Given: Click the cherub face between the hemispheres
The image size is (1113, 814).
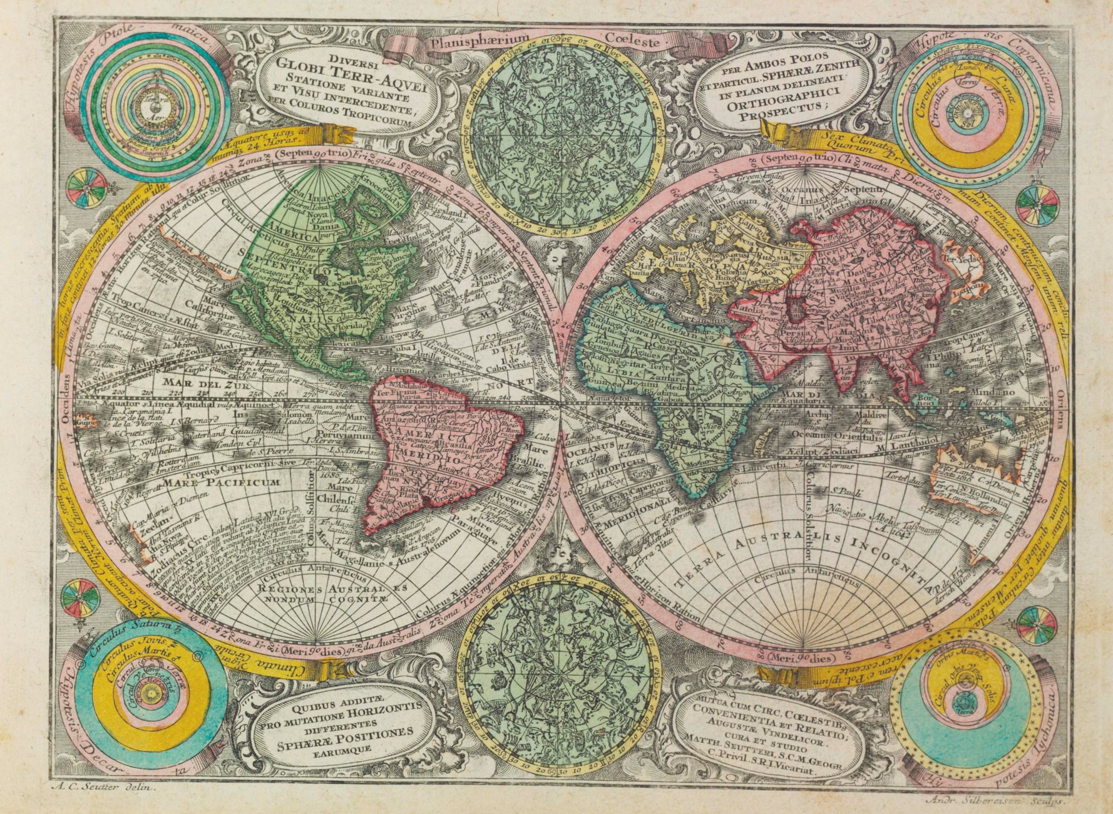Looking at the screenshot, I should click(x=556, y=257).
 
